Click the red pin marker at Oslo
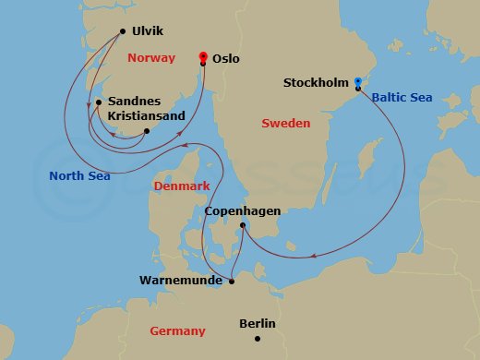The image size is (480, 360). point(202,57)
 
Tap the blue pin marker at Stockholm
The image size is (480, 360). point(357,83)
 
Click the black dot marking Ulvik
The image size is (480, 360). point(123,31)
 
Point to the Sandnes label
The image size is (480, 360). point(135,102)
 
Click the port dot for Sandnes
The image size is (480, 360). point(99,102)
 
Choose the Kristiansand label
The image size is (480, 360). point(146,116)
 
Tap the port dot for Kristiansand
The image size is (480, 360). point(146,130)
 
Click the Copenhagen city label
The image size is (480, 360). point(242,210)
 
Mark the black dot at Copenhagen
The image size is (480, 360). point(243,224)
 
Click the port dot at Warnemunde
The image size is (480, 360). point(231,281)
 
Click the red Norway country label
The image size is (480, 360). point(152,58)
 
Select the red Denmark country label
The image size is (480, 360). point(182,186)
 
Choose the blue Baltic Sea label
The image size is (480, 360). point(401,95)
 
